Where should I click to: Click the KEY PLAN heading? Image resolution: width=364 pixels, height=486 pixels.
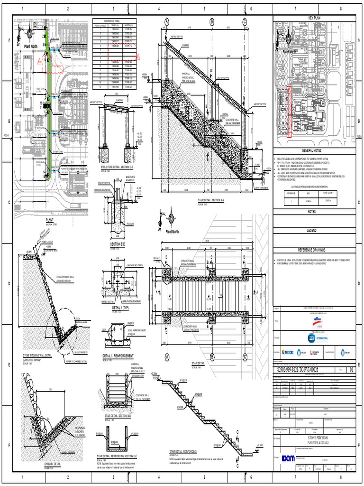(x=314, y=17)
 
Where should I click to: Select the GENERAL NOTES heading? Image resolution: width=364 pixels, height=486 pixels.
(x=314, y=150)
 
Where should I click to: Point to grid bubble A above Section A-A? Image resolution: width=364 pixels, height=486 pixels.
(x=167, y=21)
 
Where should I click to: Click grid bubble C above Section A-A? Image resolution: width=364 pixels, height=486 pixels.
(x=245, y=21)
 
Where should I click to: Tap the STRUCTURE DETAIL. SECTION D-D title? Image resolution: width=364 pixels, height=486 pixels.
(x=118, y=167)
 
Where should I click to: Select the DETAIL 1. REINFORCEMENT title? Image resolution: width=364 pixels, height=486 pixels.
(x=118, y=355)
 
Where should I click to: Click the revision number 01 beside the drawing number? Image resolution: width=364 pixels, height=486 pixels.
(x=351, y=369)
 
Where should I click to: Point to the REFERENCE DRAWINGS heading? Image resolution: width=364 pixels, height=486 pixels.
(x=314, y=250)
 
